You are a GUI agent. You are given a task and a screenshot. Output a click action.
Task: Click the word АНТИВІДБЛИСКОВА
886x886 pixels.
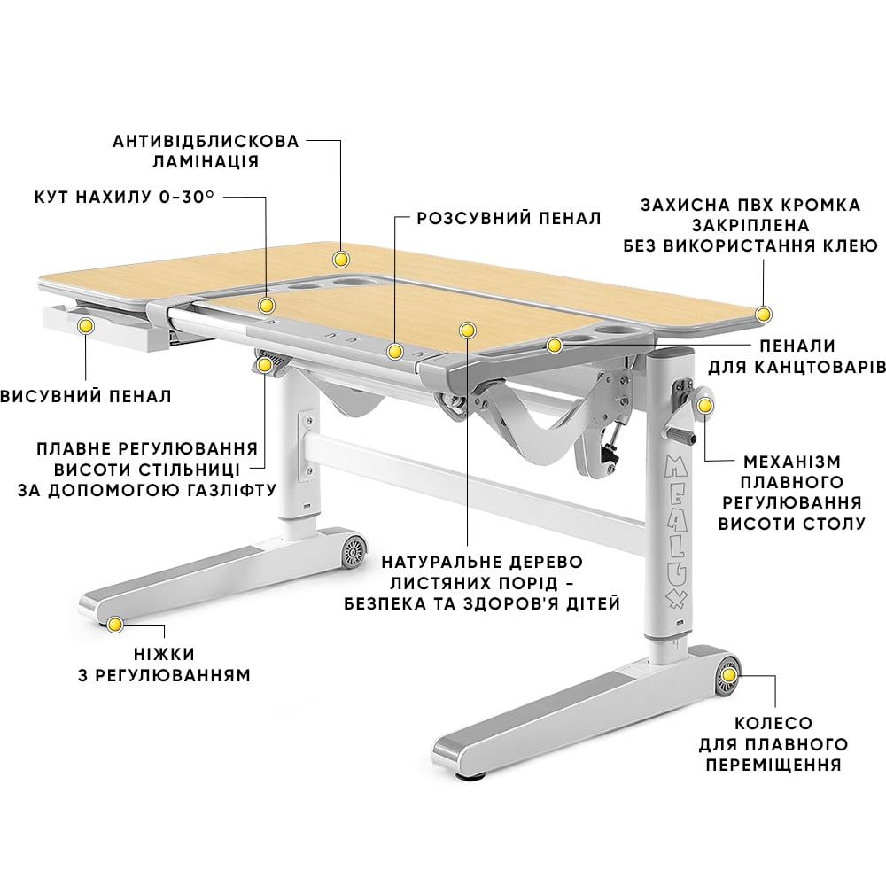(206, 141)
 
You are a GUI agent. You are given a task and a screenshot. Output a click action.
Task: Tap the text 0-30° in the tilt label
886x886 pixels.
(187, 197)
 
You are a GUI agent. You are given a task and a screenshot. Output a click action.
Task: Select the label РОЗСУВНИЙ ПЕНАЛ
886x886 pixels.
(509, 218)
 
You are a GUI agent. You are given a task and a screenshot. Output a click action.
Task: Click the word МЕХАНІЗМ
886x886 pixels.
(792, 462)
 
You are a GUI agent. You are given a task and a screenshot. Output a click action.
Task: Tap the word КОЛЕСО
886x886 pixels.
(773, 723)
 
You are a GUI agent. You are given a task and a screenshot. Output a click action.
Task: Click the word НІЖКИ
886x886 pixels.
(165, 655)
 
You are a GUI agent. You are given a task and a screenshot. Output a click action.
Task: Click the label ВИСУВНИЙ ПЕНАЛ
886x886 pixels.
(86, 396)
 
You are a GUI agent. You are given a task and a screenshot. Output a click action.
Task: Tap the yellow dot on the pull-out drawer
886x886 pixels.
(86, 325)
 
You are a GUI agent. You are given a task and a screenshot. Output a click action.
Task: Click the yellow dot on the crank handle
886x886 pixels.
(705, 406)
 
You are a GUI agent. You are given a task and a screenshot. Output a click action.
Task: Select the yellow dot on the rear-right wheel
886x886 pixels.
(729, 675)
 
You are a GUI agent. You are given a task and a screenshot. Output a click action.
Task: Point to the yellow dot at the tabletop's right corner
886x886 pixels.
(764, 315)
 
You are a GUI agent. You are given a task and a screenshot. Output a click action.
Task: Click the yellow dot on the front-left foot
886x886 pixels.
(114, 625)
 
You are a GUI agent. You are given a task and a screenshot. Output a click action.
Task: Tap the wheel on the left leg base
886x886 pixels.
(354, 550)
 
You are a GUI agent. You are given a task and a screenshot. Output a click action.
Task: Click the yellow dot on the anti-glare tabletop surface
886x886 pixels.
(341, 260)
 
